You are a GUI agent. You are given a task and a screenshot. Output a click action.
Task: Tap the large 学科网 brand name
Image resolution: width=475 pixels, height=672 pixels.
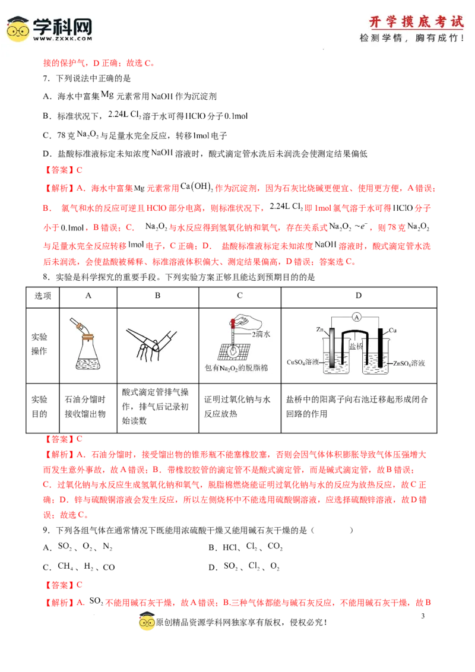(x=62, y=26)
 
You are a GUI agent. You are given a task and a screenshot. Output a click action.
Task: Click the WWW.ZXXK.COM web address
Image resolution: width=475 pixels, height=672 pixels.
(x=62, y=39)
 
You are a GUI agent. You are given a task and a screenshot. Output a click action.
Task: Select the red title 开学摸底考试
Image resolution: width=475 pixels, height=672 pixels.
(x=416, y=22)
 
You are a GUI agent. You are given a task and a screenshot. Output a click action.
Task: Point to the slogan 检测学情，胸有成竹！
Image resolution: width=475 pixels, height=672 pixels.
(x=412, y=38)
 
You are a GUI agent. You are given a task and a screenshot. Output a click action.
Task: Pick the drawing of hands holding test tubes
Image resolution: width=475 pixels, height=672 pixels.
(x=151, y=343)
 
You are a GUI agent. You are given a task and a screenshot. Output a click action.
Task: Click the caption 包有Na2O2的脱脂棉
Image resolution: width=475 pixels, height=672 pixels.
(x=236, y=368)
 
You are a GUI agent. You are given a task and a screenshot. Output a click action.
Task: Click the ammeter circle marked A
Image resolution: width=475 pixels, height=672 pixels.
(x=357, y=318)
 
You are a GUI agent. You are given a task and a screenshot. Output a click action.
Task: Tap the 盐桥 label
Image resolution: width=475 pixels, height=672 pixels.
(x=356, y=345)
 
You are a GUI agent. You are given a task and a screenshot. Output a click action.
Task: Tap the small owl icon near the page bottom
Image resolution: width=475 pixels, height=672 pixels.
(x=147, y=623)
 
